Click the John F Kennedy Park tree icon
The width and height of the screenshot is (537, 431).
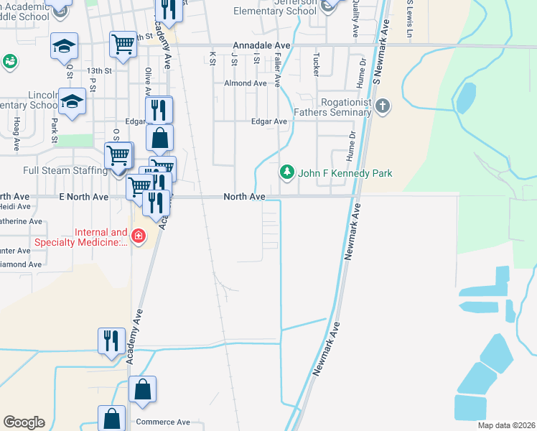point(287,172)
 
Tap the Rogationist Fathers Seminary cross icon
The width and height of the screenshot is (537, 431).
point(383,107)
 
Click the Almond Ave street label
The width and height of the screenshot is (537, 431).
point(245,83)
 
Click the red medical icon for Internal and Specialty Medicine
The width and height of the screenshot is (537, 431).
point(136,236)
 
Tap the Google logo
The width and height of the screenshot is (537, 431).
point(24,422)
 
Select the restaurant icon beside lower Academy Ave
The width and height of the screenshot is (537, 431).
point(111,339)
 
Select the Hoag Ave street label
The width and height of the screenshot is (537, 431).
point(16,135)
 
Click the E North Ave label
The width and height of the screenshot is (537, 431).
point(83,196)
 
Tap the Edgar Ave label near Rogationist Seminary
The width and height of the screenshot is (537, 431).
point(268,121)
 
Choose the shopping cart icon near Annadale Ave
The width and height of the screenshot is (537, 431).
point(123,45)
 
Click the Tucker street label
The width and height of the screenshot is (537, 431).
point(316,63)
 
